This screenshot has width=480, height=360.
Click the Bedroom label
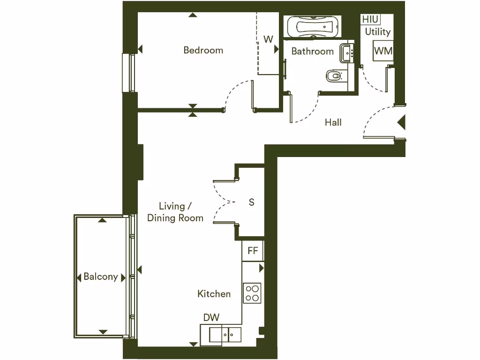coord(203,50)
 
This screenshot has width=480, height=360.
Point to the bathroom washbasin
coord(347,52)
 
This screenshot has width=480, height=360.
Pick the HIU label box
coord(370,20)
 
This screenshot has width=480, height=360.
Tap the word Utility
coord(378,32)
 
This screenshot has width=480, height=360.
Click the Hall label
coord(333,123)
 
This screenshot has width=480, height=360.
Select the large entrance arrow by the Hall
coord(401,123)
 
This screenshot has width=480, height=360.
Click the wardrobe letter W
coord(268,39)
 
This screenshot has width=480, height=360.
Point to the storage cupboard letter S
coord(252,202)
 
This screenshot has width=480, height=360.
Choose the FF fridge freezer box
coord(253,251)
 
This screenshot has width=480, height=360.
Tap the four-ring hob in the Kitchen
coord(252,293)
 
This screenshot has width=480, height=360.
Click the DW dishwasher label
coord(211,318)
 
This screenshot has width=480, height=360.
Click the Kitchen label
coord(214,294)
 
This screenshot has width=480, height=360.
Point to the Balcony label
coord(100,277)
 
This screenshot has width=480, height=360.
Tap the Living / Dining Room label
coord(175,212)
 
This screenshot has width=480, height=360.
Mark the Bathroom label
coord(312,51)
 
